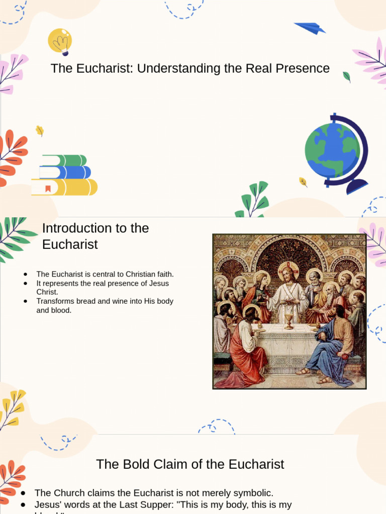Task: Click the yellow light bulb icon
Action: [60, 41]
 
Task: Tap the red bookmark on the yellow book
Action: [48, 189]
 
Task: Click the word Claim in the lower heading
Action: [170, 464]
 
